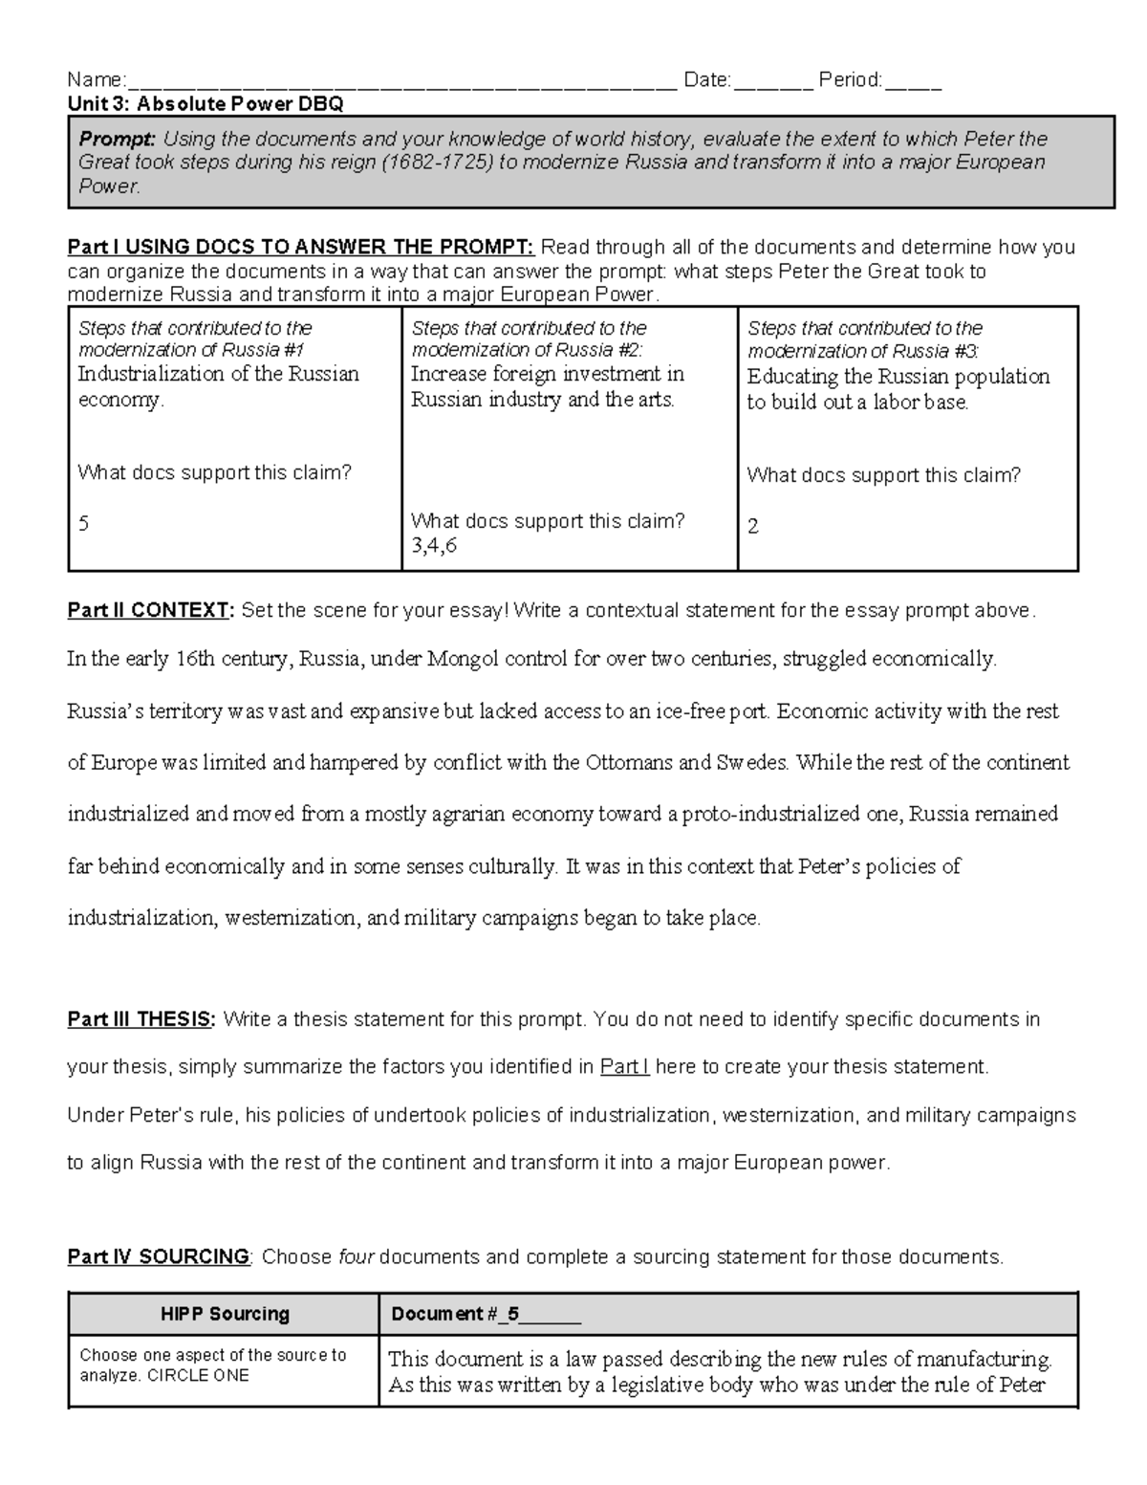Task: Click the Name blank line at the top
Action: click(x=401, y=82)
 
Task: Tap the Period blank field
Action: click(x=913, y=82)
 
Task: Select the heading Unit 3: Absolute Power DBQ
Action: click(x=206, y=103)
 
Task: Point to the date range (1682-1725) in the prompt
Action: click(x=437, y=163)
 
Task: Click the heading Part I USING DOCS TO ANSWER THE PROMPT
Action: click(x=300, y=248)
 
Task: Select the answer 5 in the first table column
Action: click(x=84, y=524)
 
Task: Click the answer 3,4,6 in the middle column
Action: click(x=434, y=546)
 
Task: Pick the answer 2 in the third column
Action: click(x=753, y=526)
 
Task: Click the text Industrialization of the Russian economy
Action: click(x=218, y=385)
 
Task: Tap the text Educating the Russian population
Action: click(x=898, y=377)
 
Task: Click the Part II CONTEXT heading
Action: click(x=150, y=610)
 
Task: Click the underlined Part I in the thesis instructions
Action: click(x=624, y=1067)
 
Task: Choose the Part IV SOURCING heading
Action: click(x=158, y=1256)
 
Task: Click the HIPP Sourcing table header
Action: click(x=225, y=1314)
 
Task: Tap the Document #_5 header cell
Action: click(x=486, y=1314)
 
